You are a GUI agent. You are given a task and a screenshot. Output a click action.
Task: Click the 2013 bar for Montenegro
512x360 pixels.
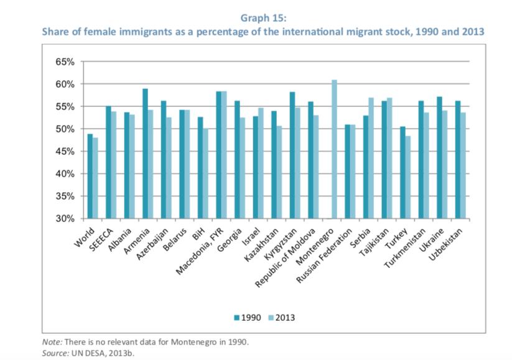click(x=334, y=149)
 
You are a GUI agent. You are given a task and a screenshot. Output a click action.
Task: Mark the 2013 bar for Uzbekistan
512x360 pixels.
click(x=463, y=165)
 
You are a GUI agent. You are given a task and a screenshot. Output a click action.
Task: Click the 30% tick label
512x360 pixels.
click(x=66, y=219)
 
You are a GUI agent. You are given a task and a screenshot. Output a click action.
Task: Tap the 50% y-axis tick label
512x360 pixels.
click(x=66, y=129)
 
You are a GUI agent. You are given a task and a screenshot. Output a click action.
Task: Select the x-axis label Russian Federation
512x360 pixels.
click(x=329, y=252)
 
